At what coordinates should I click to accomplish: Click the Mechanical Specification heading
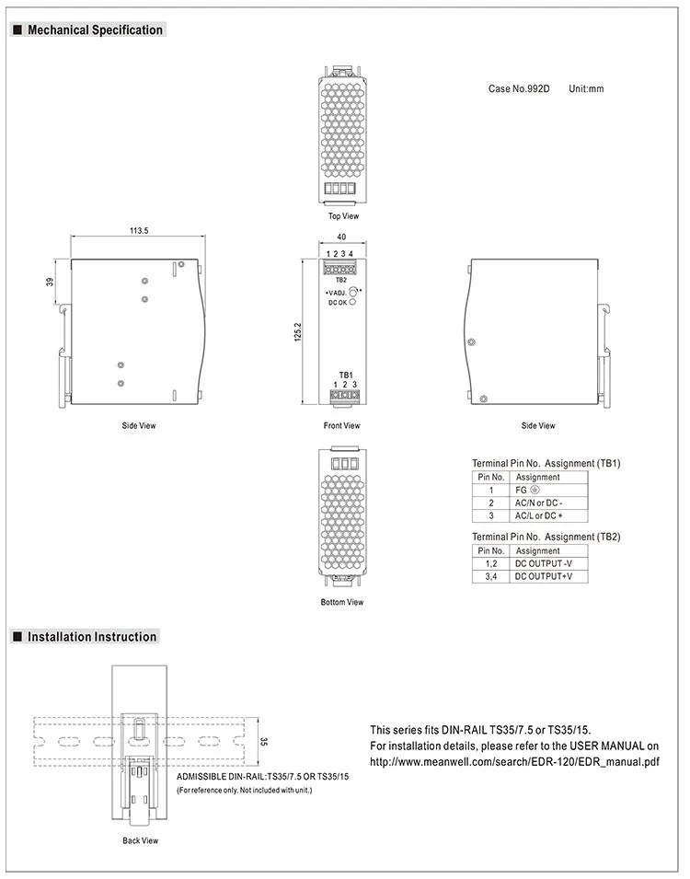[94, 30]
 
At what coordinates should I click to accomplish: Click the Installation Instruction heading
[92, 637]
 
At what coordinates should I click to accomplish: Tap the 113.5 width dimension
[139, 231]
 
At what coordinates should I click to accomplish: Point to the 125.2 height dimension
[298, 332]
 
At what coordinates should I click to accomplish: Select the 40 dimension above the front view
[340, 237]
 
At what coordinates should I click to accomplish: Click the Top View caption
[343, 216]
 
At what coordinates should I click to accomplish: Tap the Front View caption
[341, 426]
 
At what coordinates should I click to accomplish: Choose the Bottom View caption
[341, 603]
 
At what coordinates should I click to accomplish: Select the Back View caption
[140, 840]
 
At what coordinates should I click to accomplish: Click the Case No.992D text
[518, 89]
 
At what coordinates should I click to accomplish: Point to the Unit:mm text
[586, 89]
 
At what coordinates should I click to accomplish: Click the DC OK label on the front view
[338, 302]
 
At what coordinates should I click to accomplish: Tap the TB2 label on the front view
[340, 280]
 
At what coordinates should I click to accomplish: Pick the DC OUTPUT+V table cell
[543, 576]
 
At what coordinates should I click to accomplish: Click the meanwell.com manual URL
[514, 762]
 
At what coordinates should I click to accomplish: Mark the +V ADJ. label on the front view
[335, 291]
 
